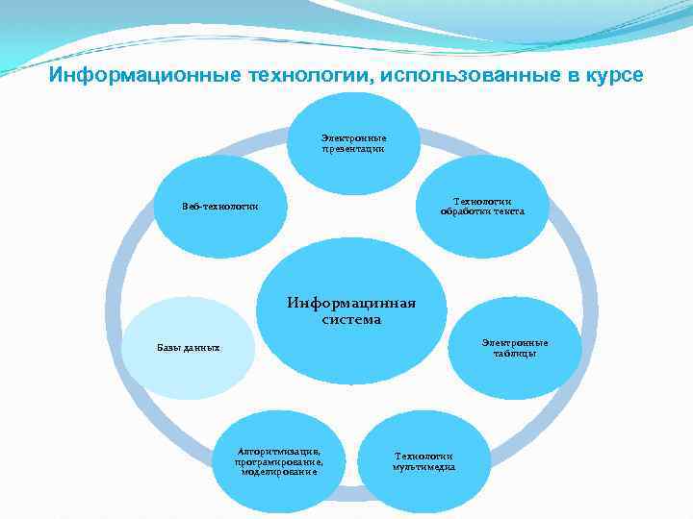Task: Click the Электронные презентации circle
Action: (x=354, y=142)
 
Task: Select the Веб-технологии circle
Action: (x=221, y=207)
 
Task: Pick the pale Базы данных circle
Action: (x=189, y=348)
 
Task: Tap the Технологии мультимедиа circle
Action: (x=423, y=461)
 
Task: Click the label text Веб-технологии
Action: (x=219, y=207)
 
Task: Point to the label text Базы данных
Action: (x=189, y=348)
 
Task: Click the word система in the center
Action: (x=351, y=320)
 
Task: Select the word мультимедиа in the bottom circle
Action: (x=423, y=467)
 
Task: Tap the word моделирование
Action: (x=278, y=472)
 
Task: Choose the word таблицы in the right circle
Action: (x=516, y=354)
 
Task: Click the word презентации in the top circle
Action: (x=354, y=149)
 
